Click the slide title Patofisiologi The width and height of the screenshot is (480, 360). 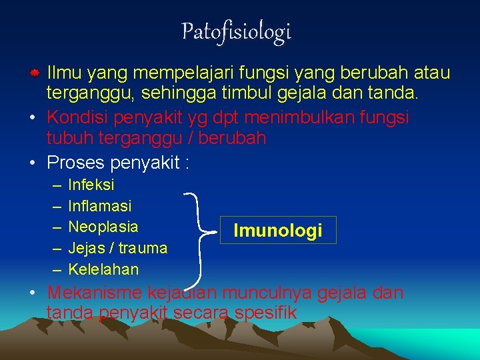[x=237, y=31]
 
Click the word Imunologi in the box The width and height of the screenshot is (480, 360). [x=277, y=231]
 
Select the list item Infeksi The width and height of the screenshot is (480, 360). [x=91, y=184]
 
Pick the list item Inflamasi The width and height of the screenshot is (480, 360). [x=100, y=206]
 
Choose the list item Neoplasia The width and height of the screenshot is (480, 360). [x=103, y=227]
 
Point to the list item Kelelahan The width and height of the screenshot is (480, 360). [x=103, y=269]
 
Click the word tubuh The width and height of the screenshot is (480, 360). [x=65, y=139]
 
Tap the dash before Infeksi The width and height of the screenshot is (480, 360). [x=54, y=185]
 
